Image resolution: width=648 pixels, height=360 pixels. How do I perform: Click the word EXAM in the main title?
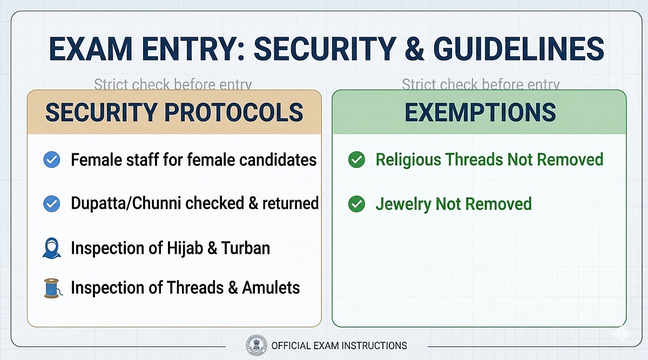click(91, 49)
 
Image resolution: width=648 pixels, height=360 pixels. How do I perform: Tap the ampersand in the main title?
click(415, 49)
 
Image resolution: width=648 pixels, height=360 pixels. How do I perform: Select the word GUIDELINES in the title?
click(519, 49)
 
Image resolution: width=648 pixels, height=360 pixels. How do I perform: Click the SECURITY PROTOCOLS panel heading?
click(174, 112)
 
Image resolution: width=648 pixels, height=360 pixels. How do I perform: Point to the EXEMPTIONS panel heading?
click(480, 112)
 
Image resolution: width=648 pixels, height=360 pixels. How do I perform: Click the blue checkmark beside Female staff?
click(52, 160)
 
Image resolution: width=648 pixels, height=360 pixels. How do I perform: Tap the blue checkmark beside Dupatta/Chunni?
click(52, 203)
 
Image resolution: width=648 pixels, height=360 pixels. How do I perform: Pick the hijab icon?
click(52, 248)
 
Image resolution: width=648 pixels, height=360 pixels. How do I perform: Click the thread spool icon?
click(53, 288)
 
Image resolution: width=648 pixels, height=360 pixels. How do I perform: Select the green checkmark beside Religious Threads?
click(357, 160)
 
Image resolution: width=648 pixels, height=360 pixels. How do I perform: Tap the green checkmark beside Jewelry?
click(357, 204)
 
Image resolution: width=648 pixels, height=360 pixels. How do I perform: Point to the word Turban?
click(246, 248)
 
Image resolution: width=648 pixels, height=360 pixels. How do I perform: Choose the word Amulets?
click(271, 288)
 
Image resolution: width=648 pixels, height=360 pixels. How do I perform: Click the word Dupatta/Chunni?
click(126, 203)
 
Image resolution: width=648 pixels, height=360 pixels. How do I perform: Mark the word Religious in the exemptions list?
click(408, 160)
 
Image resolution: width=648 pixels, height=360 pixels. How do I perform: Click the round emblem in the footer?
click(256, 345)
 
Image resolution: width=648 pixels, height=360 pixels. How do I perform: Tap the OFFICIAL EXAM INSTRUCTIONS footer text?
click(339, 346)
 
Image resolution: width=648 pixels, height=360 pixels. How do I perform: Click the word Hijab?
click(185, 249)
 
